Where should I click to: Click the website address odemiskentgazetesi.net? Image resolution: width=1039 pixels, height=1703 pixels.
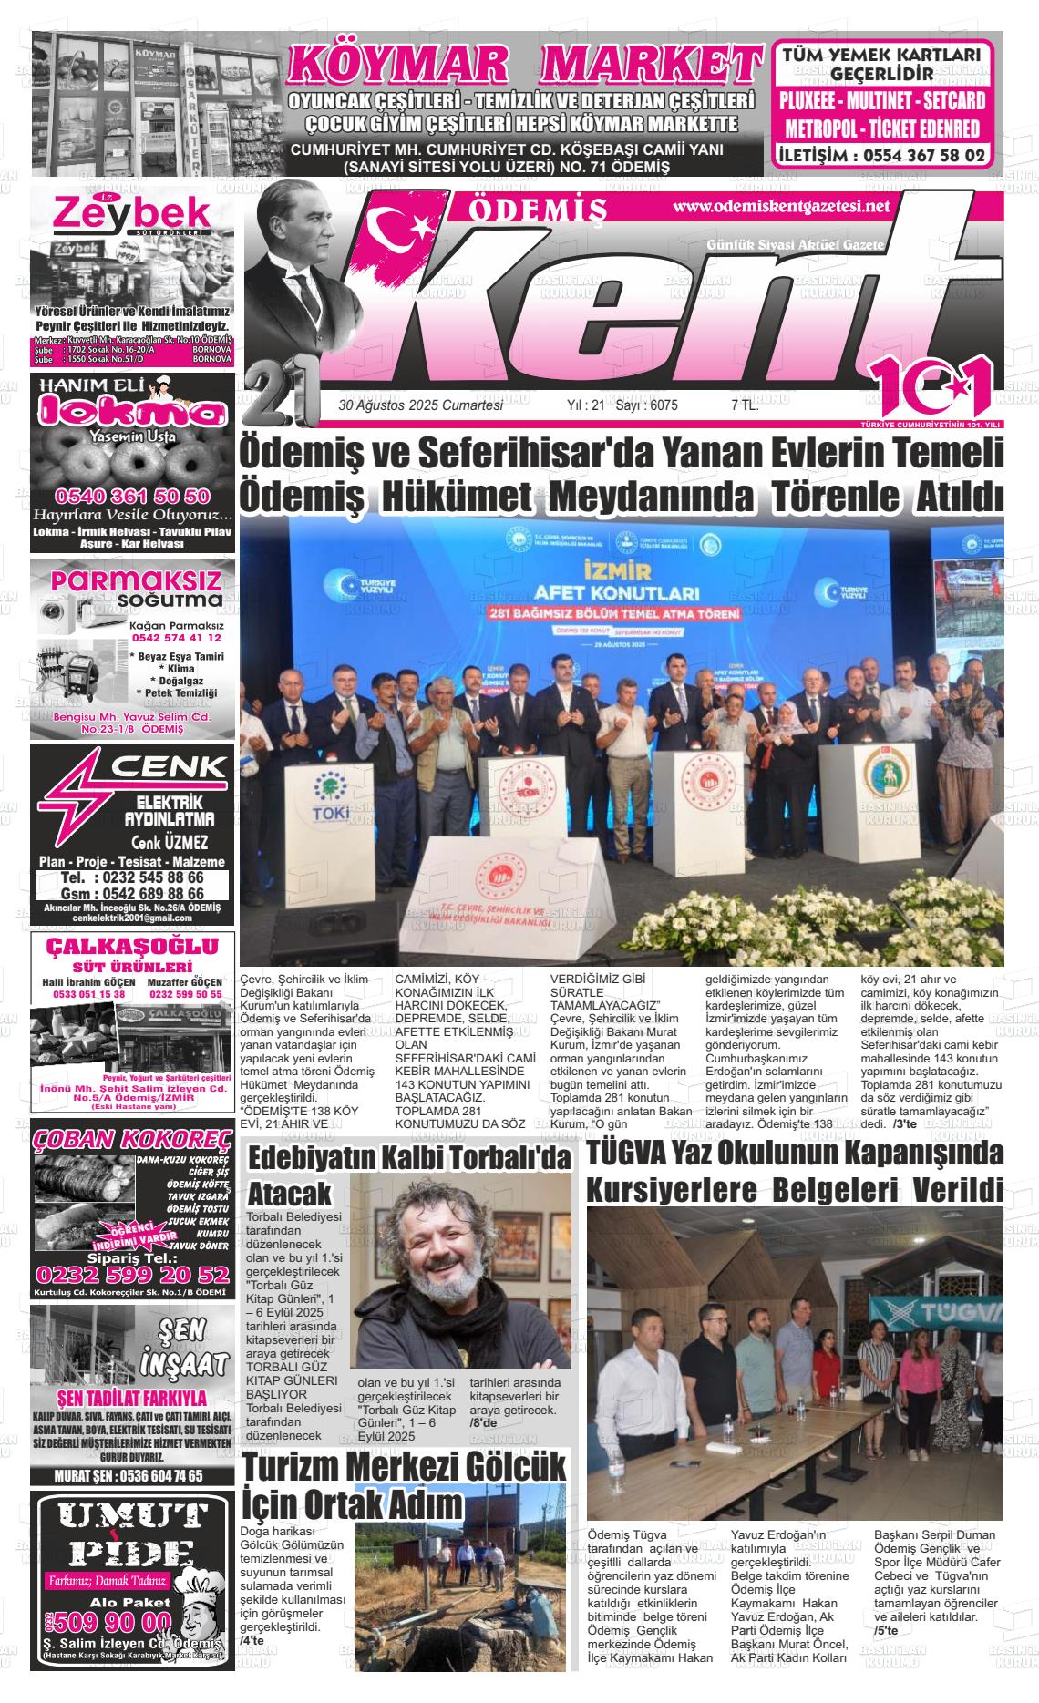(780, 207)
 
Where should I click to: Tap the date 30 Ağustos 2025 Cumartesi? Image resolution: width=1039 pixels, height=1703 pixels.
(420, 406)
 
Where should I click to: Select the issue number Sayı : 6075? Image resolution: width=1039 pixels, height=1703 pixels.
(646, 406)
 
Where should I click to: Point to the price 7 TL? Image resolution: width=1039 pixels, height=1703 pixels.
(745, 406)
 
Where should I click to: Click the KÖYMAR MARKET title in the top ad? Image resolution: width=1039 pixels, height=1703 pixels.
(523, 65)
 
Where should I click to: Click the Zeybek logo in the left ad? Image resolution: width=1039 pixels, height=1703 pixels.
(131, 215)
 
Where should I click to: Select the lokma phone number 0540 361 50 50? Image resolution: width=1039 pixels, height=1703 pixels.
(132, 497)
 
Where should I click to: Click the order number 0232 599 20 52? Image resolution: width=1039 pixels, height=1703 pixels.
(132, 1274)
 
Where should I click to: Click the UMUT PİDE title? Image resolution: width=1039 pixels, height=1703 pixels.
(132, 1535)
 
